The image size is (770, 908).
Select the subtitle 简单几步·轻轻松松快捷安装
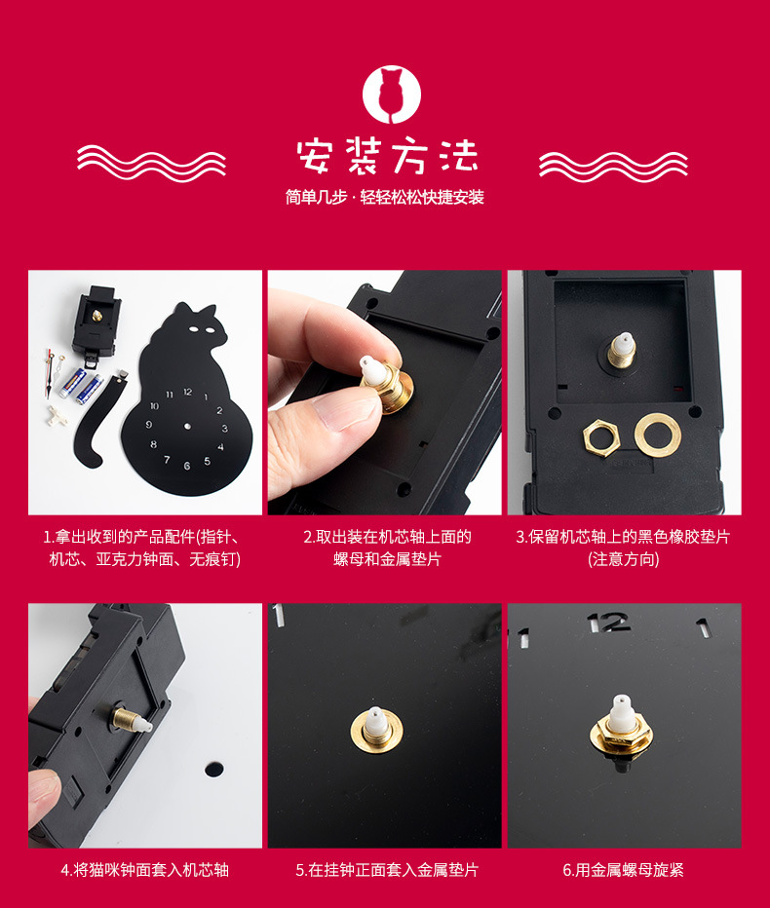385,198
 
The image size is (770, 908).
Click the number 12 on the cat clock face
187,391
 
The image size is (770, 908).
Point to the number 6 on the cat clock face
187,467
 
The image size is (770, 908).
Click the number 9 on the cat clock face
149,426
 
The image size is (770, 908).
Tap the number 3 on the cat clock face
224,428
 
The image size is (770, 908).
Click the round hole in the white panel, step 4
214,769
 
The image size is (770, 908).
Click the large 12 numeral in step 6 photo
608,623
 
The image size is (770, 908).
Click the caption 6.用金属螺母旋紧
623,869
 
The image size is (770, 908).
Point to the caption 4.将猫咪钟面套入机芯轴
145,869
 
